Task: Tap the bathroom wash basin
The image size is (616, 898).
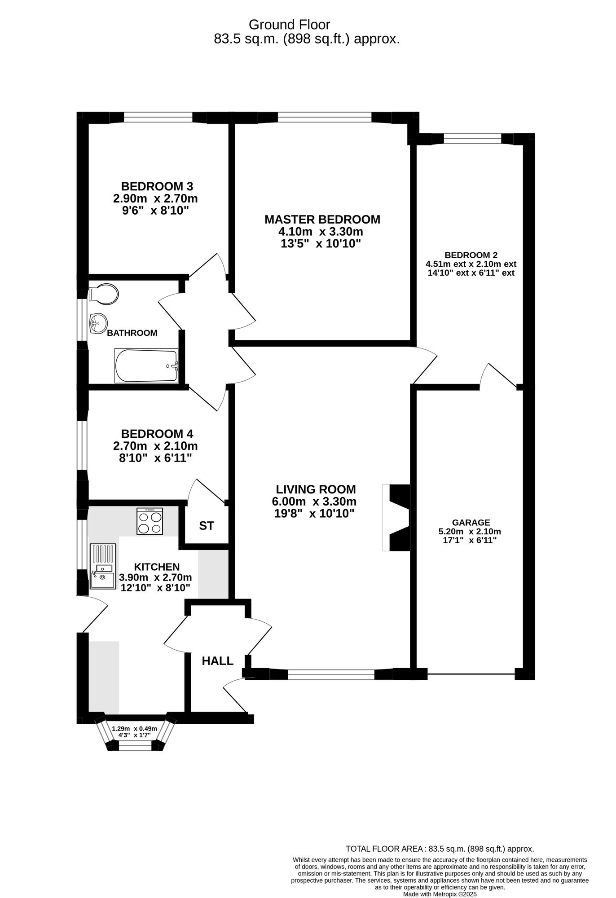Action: pyautogui.click(x=98, y=323)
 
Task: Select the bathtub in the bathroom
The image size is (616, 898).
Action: pyautogui.click(x=146, y=366)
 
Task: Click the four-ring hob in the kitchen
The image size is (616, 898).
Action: pyautogui.click(x=150, y=522)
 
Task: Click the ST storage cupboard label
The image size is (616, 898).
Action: pyautogui.click(x=207, y=526)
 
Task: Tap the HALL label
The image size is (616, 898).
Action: pyautogui.click(x=218, y=661)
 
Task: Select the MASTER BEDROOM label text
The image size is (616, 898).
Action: pyautogui.click(x=322, y=220)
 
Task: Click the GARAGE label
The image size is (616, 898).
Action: pyautogui.click(x=471, y=523)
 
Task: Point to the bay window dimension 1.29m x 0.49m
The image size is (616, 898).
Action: pyautogui.click(x=135, y=729)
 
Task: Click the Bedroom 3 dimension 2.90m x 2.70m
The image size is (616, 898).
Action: pyautogui.click(x=155, y=198)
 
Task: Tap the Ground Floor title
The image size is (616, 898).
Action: pyautogui.click(x=289, y=25)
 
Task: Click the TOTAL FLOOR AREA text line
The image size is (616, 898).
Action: pyautogui.click(x=440, y=849)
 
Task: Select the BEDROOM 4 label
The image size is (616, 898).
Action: pyautogui.click(x=157, y=434)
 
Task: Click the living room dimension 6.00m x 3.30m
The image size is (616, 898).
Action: pyautogui.click(x=314, y=502)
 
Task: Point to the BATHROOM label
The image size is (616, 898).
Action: pyautogui.click(x=132, y=333)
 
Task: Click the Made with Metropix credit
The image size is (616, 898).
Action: pyautogui.click(x=440, y=894)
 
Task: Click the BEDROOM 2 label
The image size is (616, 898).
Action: pyautogui.click(x=471, y=255)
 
